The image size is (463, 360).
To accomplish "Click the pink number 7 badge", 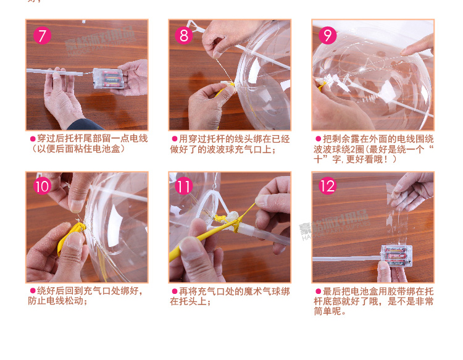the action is [x=42, y=35].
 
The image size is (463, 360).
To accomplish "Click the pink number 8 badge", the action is [x=184, y=35].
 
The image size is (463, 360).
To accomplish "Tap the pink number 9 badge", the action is [x=327, y=35].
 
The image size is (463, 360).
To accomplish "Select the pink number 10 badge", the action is [x=42, y=186].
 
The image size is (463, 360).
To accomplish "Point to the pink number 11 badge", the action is [x=184, y=186].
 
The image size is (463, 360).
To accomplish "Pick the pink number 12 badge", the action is [x=327, y=186].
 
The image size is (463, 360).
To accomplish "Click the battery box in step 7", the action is [x=108, y=78].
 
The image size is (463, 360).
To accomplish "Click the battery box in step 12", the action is [x=396, y=256].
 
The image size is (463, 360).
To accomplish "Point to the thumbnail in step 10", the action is [x=76, y=206].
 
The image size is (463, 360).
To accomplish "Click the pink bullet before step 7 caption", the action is [x=33, y=139].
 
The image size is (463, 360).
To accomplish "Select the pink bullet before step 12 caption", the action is [x=319, y=291].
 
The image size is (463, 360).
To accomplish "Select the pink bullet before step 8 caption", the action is [x=175, y=139].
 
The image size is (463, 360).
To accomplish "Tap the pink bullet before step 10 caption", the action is [x=33, y=291].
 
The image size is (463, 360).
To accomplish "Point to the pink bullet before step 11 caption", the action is [x=175, y=291].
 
